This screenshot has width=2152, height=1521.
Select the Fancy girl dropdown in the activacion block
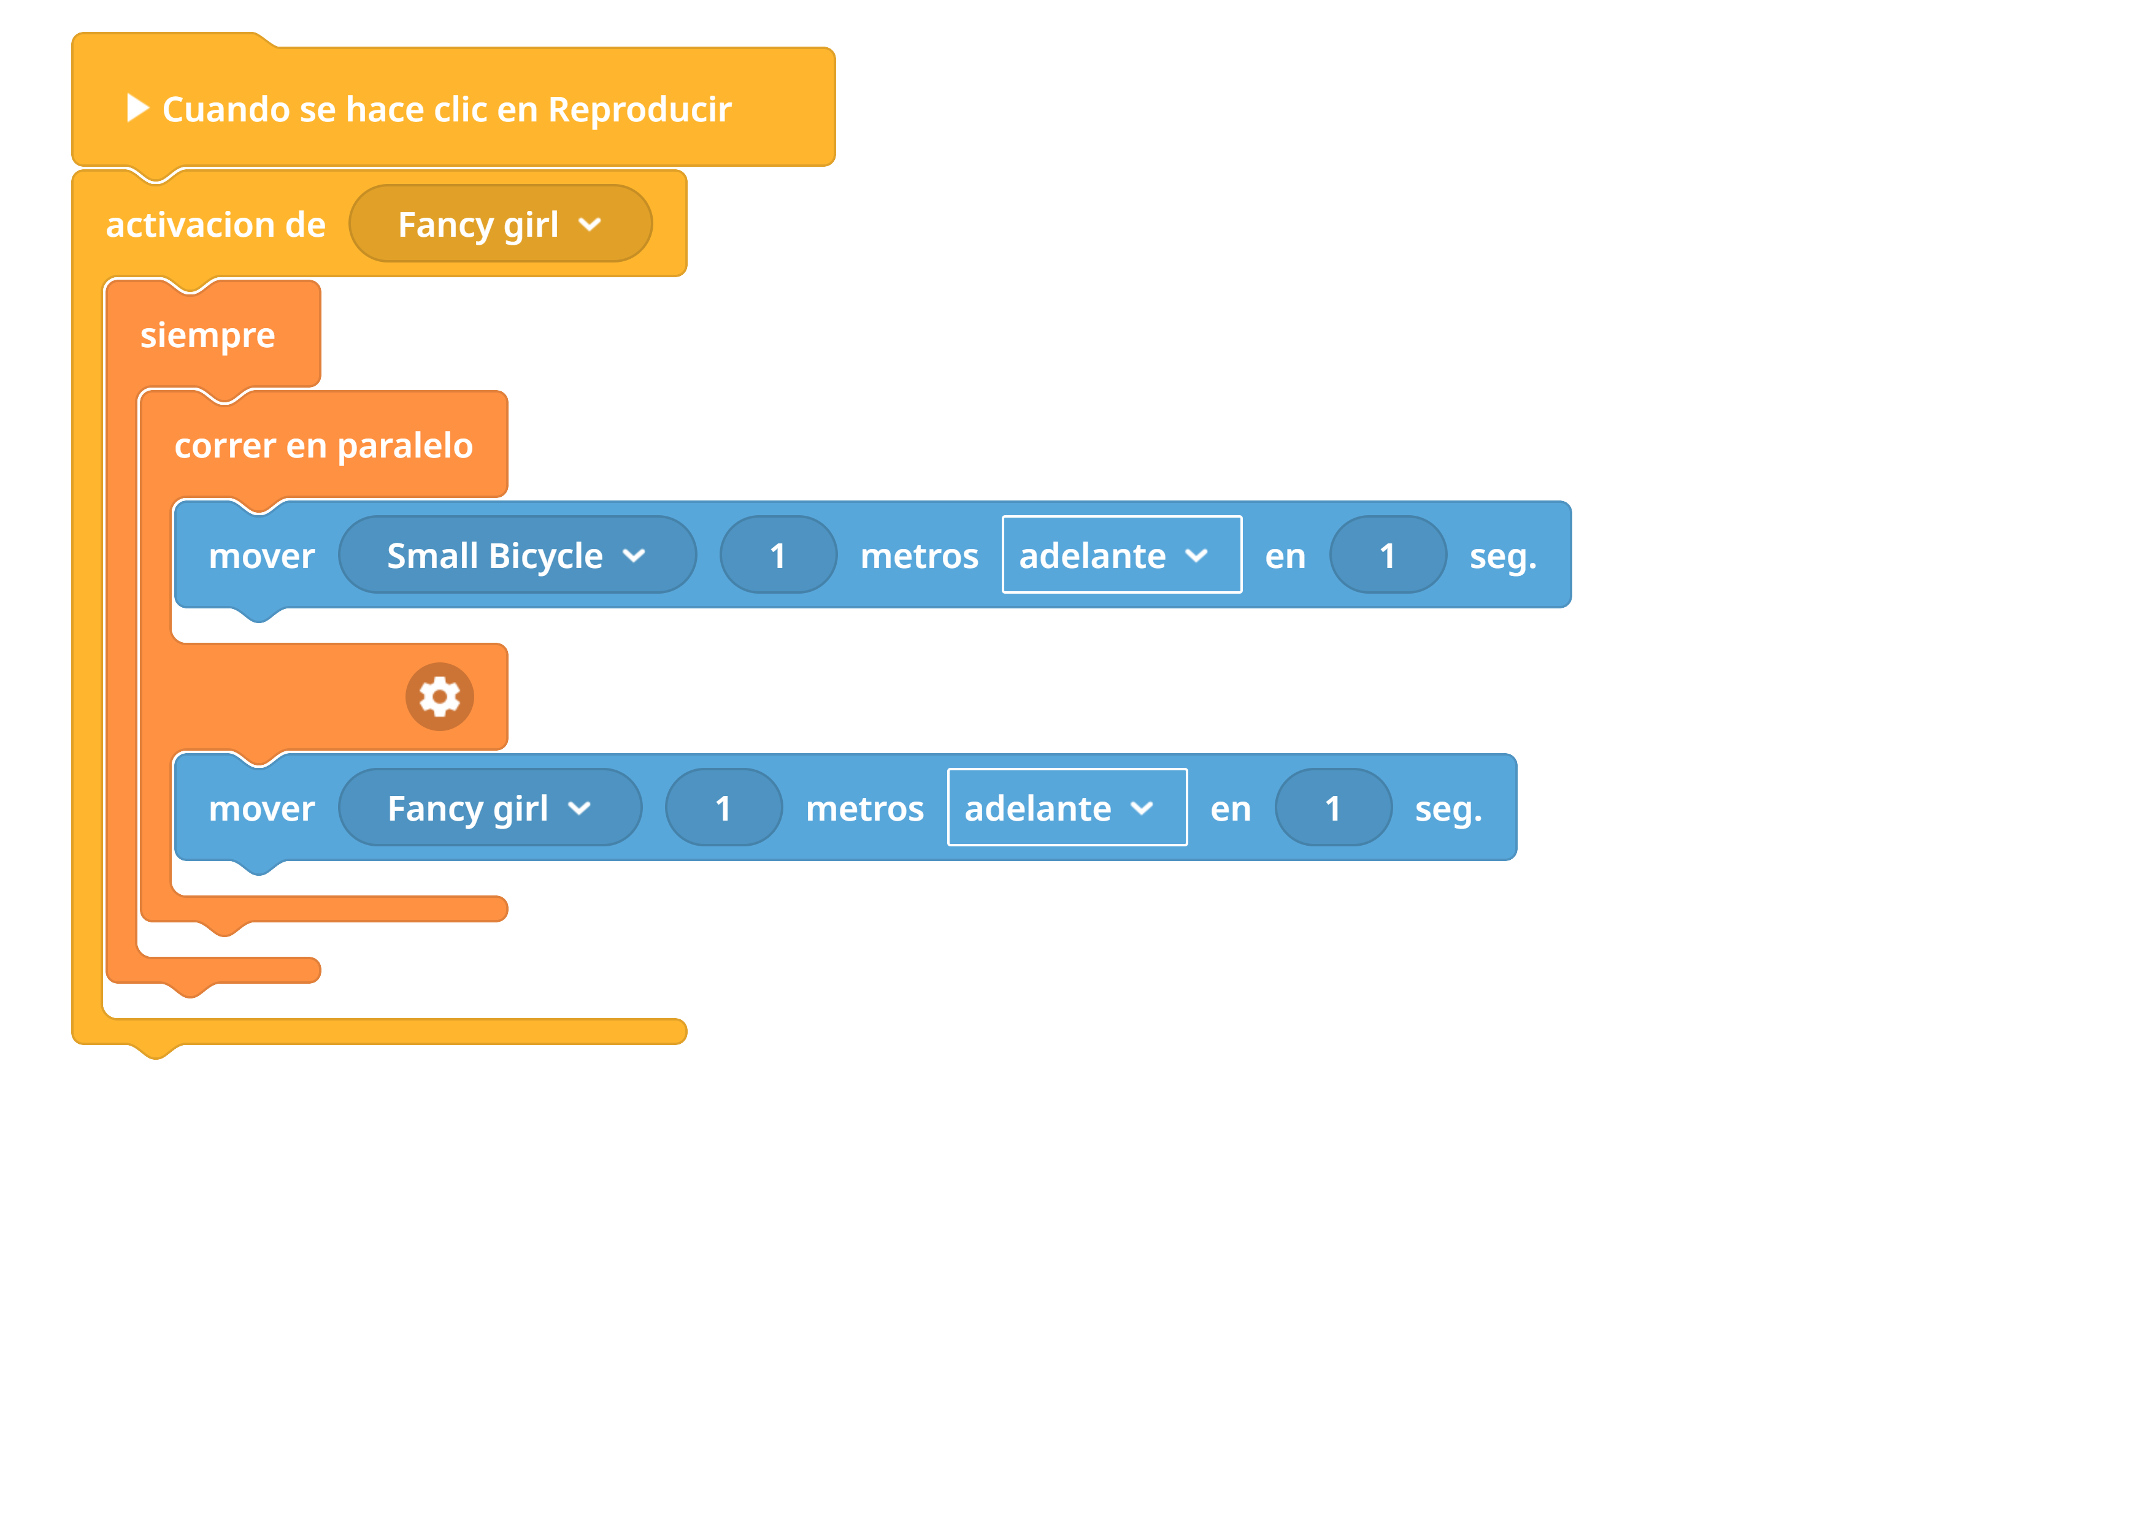(x=501, y=224)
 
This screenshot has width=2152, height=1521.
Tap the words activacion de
(x=215, y=225)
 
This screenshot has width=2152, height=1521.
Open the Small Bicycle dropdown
(x=517, y=555)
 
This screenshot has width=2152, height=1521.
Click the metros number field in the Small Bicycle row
(x=778, y=555)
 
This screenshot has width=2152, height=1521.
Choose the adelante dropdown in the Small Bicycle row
(x=1122, y=555)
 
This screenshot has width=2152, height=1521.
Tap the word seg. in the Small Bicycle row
(x=1502, y=557)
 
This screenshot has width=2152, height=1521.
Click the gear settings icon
(x=440, y=696)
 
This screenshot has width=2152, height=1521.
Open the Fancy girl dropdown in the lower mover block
(x=490, y=808)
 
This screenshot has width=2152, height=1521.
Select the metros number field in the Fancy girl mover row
(x=724, y=808)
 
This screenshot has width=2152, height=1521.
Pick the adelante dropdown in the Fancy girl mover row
(x=1067, y=808)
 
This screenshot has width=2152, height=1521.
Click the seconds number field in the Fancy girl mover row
(x=1333, y=808)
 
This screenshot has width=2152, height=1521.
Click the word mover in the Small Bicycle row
(x=261, y=557)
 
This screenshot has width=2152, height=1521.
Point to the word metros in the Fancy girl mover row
(x=864, y=810)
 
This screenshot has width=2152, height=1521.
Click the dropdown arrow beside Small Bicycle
(x=634, y=556)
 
